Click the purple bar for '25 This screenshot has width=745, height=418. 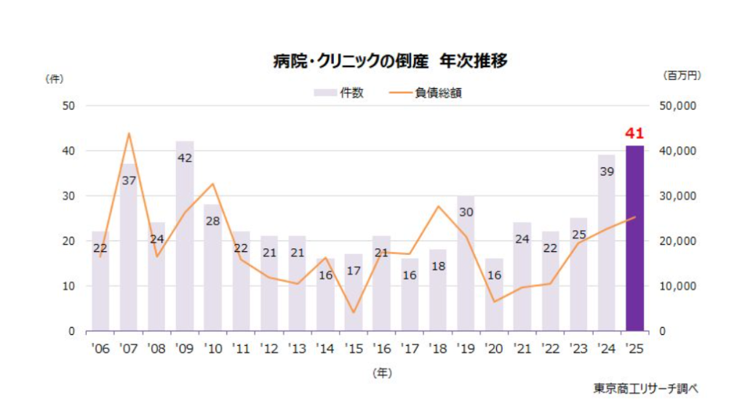click(634, 240)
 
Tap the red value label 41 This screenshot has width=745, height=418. click(634, 133)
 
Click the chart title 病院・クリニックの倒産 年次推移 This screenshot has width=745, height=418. click(390, 61)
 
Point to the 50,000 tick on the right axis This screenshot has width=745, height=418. click(677, 106)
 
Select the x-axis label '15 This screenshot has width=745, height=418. click(353, 349)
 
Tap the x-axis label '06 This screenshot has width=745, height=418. click(100, 349)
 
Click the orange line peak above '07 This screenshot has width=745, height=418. click(129, 133)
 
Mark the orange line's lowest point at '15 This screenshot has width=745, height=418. click(354, 312)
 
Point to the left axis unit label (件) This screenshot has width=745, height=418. click(55, 78)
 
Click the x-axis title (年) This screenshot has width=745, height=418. click(381, 372)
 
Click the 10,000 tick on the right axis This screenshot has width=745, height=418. click(677, 286)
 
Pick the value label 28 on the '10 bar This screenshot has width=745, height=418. click(213, 220)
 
